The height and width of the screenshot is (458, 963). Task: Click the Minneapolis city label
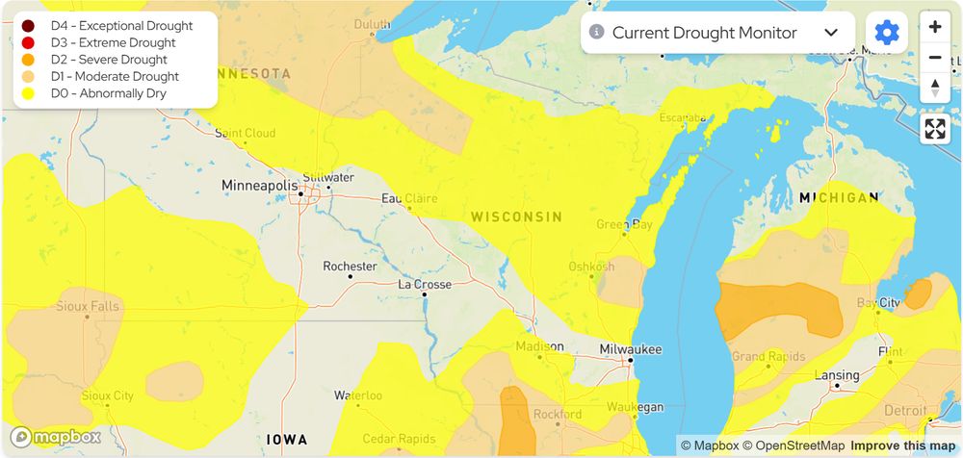coord(259,185)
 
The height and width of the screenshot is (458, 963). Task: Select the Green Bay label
coord(624,225)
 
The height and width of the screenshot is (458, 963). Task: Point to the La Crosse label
coord(425,285)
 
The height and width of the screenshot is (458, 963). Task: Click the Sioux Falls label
coord(88,307)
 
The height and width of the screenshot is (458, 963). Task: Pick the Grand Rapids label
coord(768,357)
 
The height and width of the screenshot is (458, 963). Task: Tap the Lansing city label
coord(836,375)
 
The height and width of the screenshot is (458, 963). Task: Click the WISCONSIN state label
coord(516,217)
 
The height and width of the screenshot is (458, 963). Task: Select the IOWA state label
coord(287,439)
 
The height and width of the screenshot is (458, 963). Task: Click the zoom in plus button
coord(935,27)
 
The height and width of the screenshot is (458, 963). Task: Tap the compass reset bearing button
coord(935,89)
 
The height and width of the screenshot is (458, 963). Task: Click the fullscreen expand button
coord(935,129)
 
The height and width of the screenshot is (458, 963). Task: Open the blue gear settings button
coord(886,33)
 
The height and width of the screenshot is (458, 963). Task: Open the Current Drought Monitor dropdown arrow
coord(831,33)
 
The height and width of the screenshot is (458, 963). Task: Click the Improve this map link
coord(901,445)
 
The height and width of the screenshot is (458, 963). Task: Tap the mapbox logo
coord(56,437)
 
